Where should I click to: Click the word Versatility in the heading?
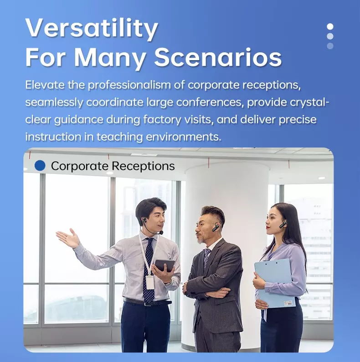tap(92, 28)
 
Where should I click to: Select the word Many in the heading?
tap(110, 58)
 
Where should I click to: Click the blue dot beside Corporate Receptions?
tap(40, 166)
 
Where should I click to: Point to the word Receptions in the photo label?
tap(143, 166)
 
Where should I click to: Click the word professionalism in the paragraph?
tap(129, 85)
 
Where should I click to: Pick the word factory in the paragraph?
tap(162, 119)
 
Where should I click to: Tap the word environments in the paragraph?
tap(184, 137)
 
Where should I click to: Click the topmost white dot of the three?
tap(330, 26)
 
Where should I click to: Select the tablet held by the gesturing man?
tap(165, 265)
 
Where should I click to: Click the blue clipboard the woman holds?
tap(274, 283)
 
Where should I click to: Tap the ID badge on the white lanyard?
tap(150, 282)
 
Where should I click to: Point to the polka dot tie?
tap(149, 270)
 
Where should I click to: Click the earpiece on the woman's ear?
tap(283, 224)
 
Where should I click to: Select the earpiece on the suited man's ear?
tap(216, 227)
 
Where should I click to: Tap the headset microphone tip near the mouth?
tap(161, 233)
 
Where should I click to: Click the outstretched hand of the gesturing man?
tap(68, 238)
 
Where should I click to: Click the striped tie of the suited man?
tap(206, 257)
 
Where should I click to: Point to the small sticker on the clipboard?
tap(288, 303)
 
